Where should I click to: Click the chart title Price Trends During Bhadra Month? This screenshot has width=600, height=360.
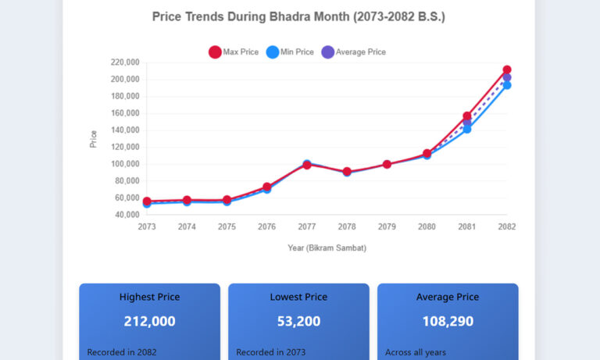298,16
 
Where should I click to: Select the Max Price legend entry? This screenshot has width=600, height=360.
234,52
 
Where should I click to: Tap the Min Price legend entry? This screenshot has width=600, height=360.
290,52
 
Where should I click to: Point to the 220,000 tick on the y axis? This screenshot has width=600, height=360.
125,62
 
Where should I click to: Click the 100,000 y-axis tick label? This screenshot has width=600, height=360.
125,164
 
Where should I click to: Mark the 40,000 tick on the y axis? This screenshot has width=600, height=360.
127,215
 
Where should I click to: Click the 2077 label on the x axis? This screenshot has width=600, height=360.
307,226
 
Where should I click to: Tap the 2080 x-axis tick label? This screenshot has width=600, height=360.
427,226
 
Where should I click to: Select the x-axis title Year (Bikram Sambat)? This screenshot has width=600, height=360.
327,248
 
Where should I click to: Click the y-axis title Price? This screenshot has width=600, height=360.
94,139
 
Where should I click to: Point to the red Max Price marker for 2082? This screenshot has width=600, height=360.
507,70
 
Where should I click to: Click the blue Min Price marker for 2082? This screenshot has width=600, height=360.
507,85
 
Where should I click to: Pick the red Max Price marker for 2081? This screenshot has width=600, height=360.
467,116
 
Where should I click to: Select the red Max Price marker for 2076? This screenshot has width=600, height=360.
267,187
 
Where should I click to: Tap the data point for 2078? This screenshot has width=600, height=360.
347,172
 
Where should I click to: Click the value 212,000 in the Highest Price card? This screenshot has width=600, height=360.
149,321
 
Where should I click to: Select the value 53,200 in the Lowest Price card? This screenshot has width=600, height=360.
298,321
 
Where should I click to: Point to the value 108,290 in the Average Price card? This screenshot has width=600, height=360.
448,321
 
